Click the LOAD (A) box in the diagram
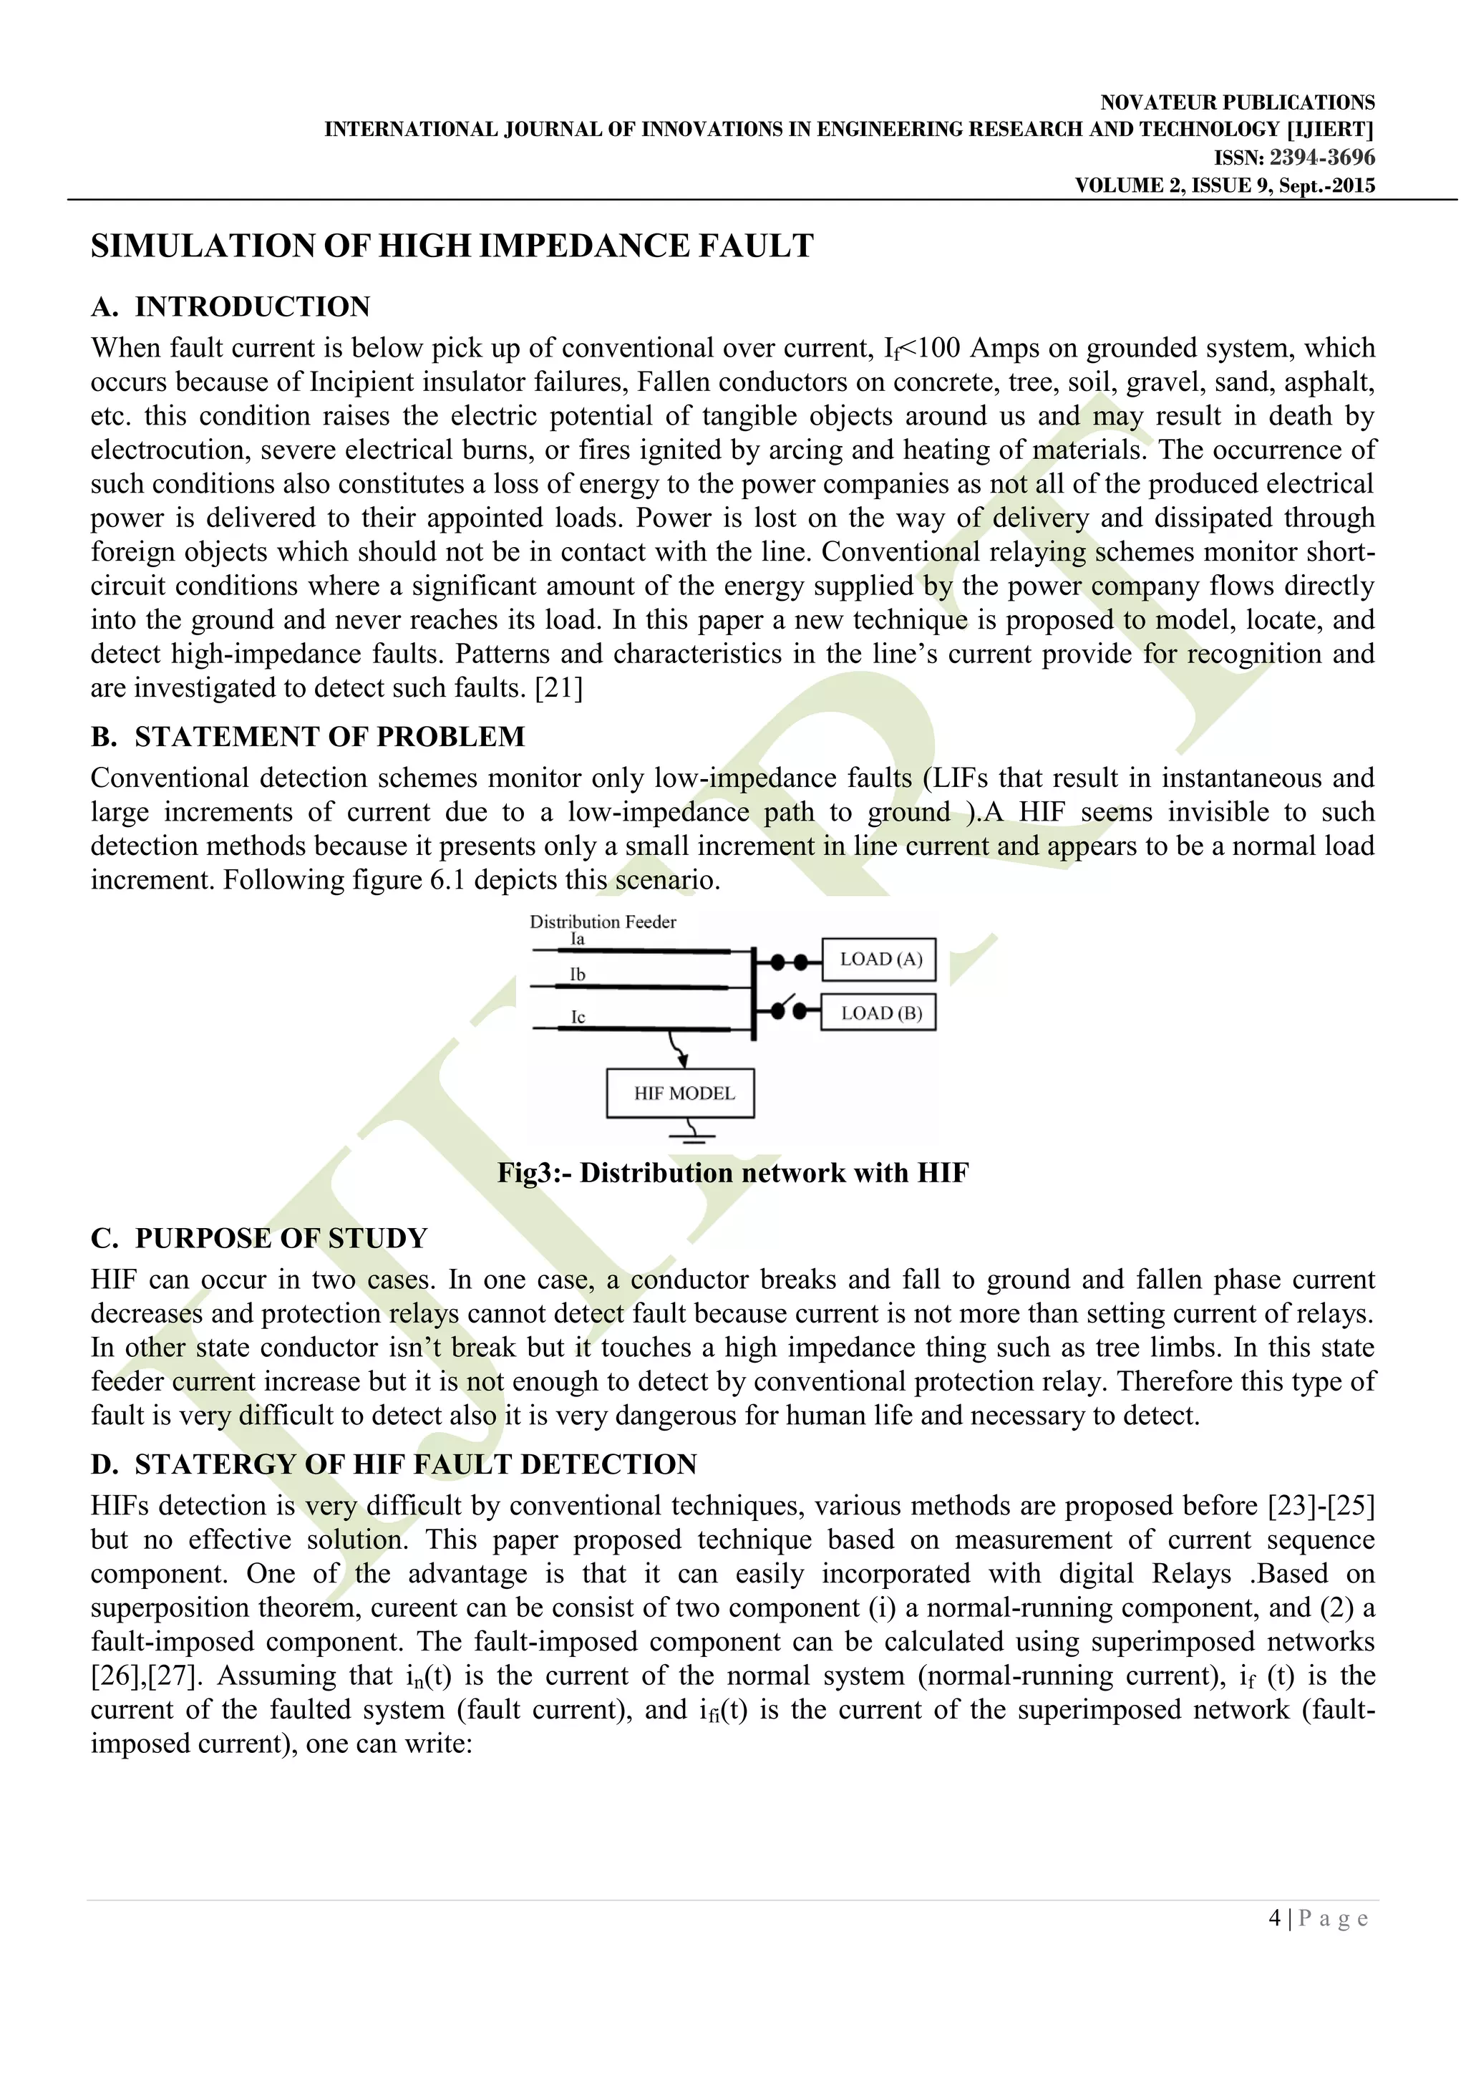pyautogui.click(x=878, y=960)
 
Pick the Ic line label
pyautogui.click(x=578, y=1018)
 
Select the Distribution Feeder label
pyautogui.click(x=602, y=922)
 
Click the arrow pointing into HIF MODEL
pyautogui.click(x=679, y=1052)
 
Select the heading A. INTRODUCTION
pyautogui.click(x=230, y=307)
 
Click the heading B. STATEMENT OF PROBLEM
pyautogui.click(x=307, y=737)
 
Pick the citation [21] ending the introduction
pyautogui.click(x=559, y=688)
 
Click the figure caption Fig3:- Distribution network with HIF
pyautogui.click(x=732, y=1173)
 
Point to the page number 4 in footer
pyautogui.click(x=1273, y=1918)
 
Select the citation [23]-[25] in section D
pyautogui.click(x=1321, y=1506)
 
